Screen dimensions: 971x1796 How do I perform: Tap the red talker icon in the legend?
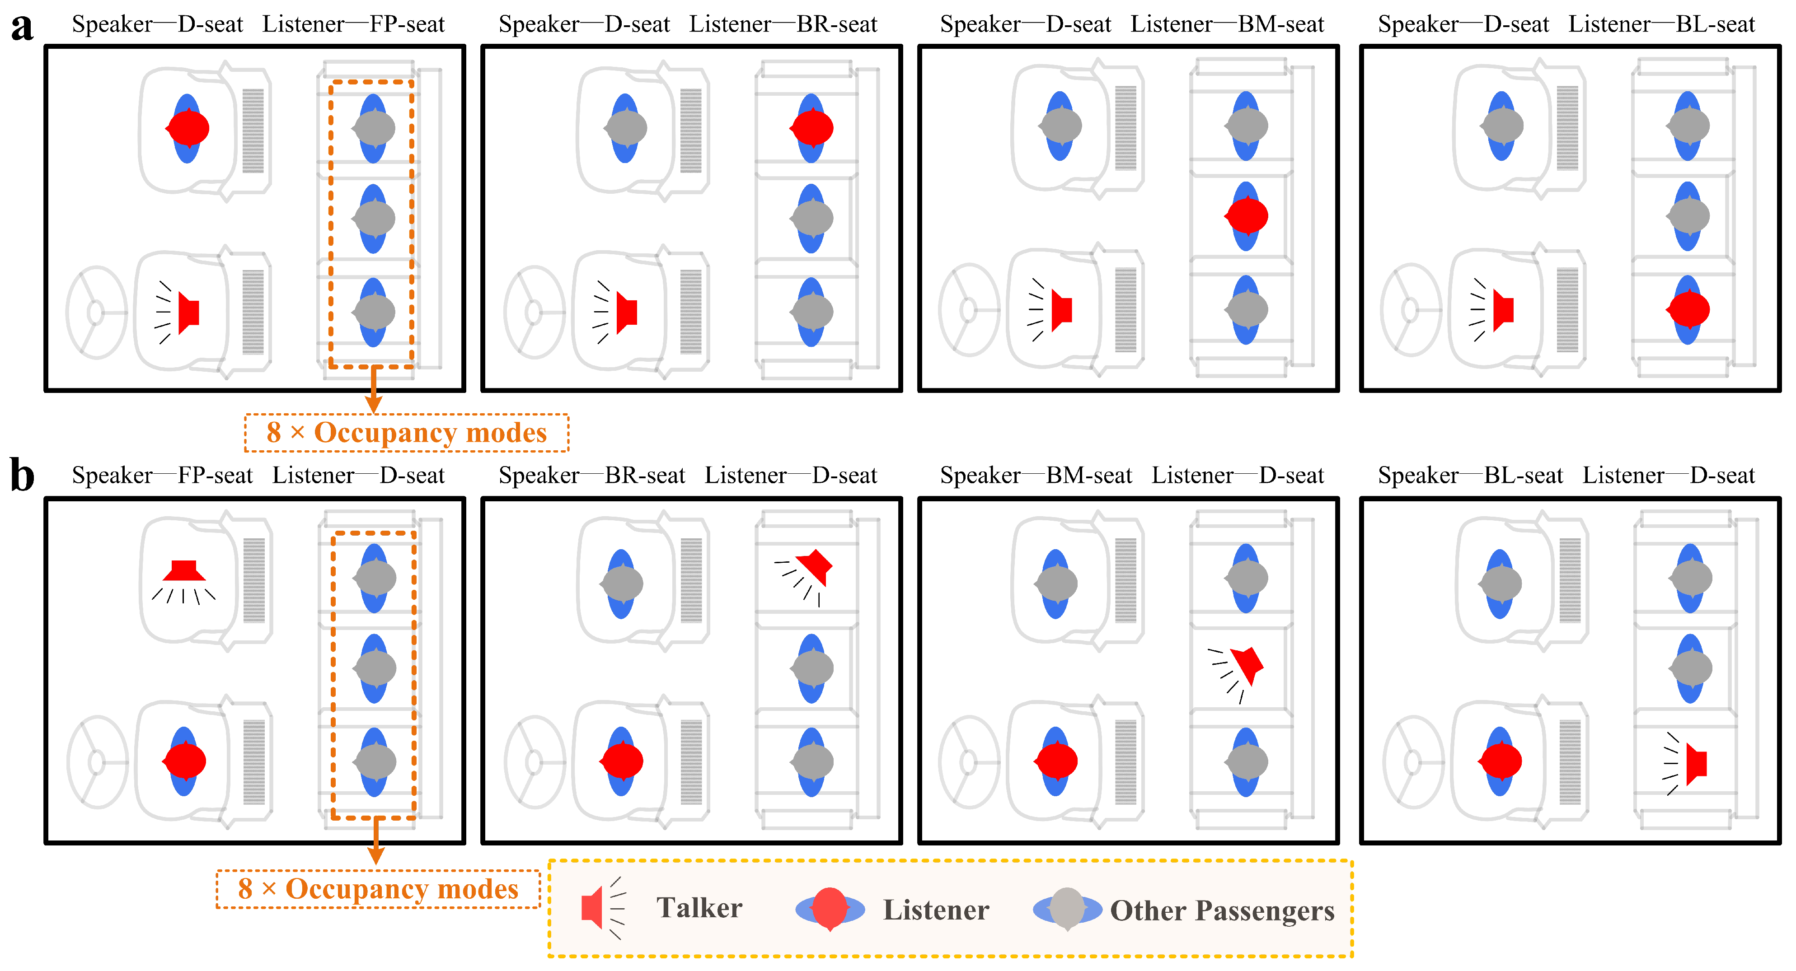pyautogui.click(x=593, y=908)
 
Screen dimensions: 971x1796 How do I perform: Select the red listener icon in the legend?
pyautogui.click(x=830, y=908)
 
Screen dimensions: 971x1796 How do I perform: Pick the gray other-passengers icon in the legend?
pyautogui.click(x=1067, y=908)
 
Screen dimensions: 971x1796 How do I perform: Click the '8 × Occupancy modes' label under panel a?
pyautogui.click(x=407, y=433)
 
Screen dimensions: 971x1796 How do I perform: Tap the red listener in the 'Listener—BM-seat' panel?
pyautogui.click(x=1247, y=216)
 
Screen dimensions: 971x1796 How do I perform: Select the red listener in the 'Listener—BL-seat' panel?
pyautogui.click(x=1688, y=309)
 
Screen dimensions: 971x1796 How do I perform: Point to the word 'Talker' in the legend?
pyautogui.click(x=699, y=908)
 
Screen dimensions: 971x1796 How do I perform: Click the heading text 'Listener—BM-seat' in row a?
pyautogui.click(x=1227, y=24)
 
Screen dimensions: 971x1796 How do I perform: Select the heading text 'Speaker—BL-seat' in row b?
pyautogui.click(x=1470, y=476)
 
